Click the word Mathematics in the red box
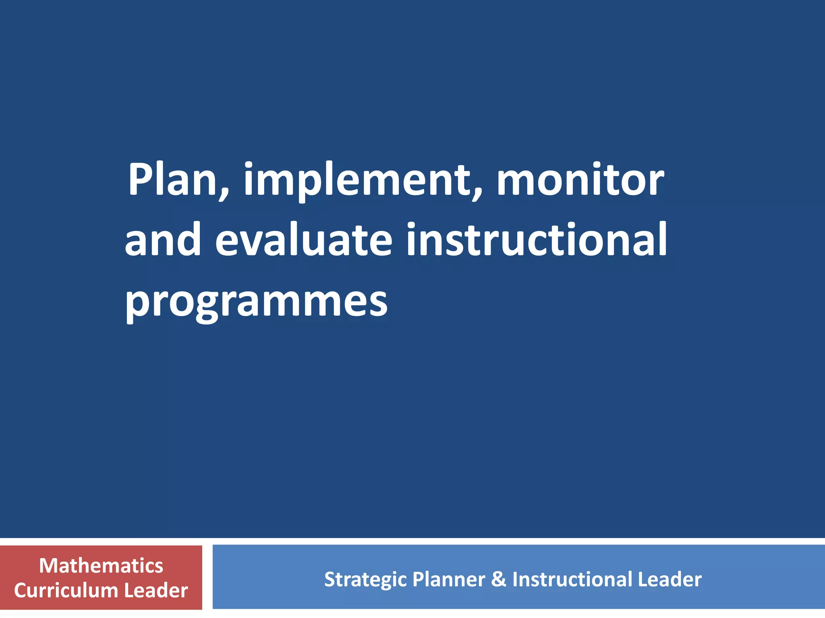[101, 566]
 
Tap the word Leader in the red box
[156, 591]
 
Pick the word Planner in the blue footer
[448, 580]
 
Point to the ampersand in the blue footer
[498, 580]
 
